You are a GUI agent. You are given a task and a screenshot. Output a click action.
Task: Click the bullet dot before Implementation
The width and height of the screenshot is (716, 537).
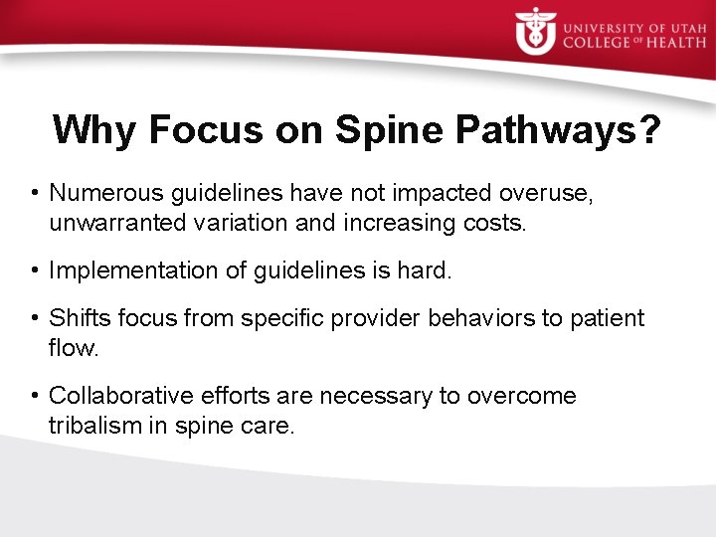[35, 270]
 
